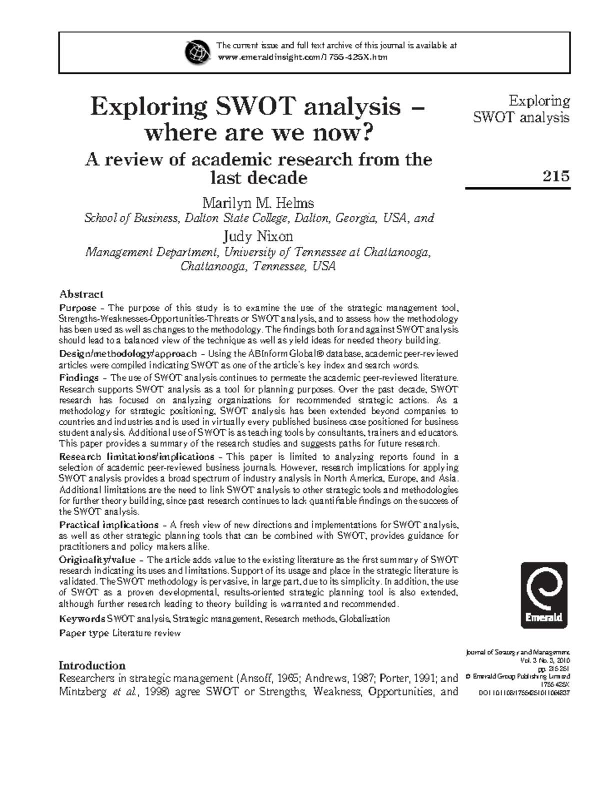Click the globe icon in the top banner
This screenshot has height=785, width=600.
[x=197, y=51]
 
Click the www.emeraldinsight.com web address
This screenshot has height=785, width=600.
[x=302, y=57]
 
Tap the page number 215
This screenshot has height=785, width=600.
[x=556, y=176]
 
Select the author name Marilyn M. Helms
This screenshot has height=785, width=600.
[x=258, y=203]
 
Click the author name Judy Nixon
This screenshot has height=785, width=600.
[x=258, y=236]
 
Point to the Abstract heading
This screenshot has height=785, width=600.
[x=81, y=294]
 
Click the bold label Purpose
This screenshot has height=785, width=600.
[x=77, y=308]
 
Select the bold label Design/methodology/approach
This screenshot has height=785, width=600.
[x=127, y=354]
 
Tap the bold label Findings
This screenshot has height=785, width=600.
[x=78, y=378]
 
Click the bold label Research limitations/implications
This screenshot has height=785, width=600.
[x=136, y=457]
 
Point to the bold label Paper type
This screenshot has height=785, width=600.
[x=84, y=633]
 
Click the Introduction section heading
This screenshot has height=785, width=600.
[x=92, y=666]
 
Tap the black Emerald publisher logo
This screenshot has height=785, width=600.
[x=544, y=595]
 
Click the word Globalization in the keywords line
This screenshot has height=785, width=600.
[x=364, y=619]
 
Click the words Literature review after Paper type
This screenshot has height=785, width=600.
[x=146, y=633]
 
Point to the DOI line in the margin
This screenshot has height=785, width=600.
[x=524, y=693]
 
